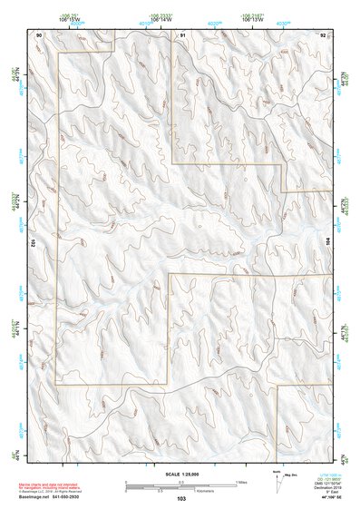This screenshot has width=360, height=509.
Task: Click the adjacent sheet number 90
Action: [39, 34]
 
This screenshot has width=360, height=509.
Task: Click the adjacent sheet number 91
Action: [182, 34]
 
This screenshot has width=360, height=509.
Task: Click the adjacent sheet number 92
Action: [324, 34]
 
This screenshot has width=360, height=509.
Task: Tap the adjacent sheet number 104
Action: [328, 243]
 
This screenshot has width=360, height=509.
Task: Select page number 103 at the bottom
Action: [181, 499]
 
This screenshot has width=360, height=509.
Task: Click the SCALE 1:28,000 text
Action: [180, 474]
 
